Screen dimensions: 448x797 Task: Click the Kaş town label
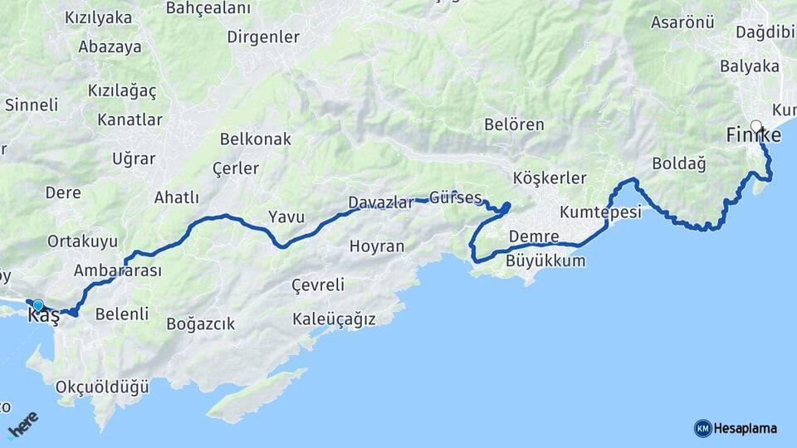click(x=43, y=316)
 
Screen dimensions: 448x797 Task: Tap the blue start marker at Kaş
click(x=37, y=305)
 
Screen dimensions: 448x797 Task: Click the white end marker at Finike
click(x=755, y=126)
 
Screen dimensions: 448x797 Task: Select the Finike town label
click(x=753, y=135)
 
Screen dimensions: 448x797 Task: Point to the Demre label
click(x=533, y=237)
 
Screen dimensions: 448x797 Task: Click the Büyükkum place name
click(x=545, y=261)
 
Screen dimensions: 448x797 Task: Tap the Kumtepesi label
click(x=600, y=212)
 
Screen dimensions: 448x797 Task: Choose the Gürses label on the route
click(x=456, y=198)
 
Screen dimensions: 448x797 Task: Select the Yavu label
click(x=286, y=217)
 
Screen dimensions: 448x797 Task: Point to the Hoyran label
click(x=377, y=246)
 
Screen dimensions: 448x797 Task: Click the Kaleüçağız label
click(x=334, y=319)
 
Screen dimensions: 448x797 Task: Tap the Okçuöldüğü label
click(x=101, y=387)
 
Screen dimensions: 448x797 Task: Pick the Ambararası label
click(x=117, y=270)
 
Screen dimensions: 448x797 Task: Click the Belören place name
click(x=514, y=125)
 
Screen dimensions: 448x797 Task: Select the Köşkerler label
click(x=550, y=178)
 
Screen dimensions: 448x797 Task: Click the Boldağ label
click(x=678, y=163)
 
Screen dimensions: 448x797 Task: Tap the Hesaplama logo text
click(x=746, y=429)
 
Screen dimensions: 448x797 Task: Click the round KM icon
click(x=702, y=429)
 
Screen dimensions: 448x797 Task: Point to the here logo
click(x=23, y=425)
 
